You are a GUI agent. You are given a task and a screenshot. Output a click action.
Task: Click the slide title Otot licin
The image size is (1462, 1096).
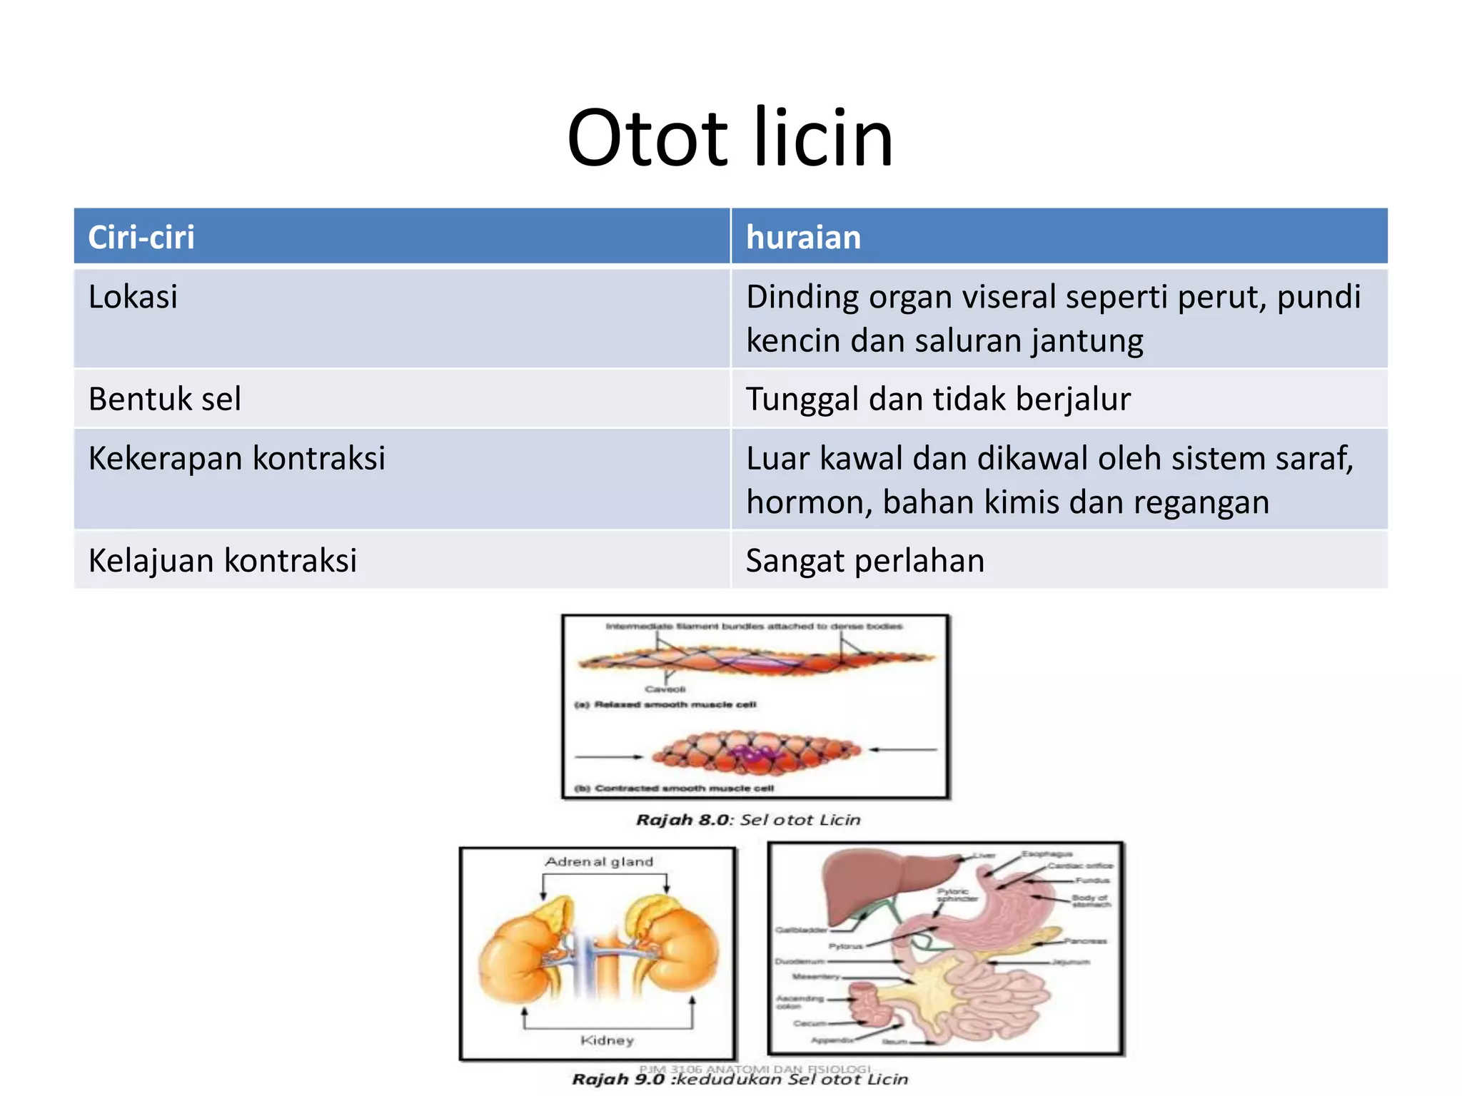[x=730, y=138]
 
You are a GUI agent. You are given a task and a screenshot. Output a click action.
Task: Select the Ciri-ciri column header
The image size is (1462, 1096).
[x=141, y=237]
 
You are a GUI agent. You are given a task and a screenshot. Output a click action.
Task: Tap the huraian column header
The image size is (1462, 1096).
[x=803, y=237]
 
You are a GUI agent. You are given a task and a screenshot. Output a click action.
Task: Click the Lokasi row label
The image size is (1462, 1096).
[x=133, y=297]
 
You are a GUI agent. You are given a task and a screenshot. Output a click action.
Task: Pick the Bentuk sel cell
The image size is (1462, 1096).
[x=165, y=399]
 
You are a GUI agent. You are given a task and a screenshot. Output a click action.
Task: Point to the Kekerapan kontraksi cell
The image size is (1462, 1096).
[x=236, y=458]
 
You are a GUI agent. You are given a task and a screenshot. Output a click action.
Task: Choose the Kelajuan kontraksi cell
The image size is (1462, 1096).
[x=222, y=560]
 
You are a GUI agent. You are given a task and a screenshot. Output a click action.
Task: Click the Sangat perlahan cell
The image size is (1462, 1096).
[x=864, y=560]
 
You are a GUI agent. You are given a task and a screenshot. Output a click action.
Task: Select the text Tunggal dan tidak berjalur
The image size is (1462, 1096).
[x=937, y=399]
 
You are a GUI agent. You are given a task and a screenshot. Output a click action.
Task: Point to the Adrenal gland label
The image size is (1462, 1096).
[x=599, y=862]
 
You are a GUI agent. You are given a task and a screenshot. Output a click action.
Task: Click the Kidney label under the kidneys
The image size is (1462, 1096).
[x=607, y=1040]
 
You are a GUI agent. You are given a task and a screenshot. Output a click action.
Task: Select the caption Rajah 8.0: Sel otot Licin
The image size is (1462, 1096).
[x=747, y=820]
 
